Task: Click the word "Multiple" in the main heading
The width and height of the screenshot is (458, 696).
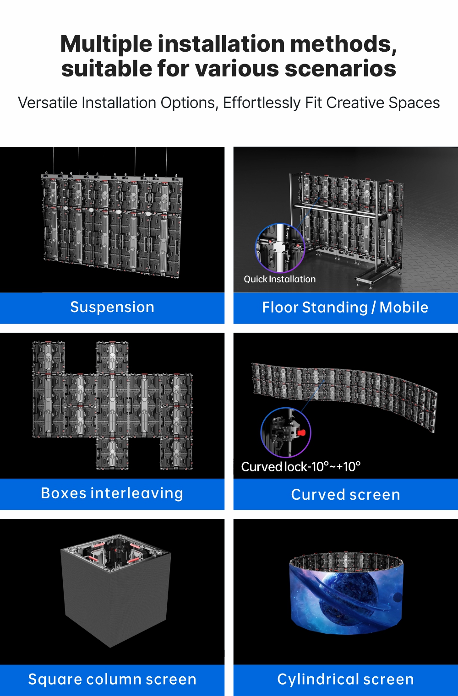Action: (106, 44)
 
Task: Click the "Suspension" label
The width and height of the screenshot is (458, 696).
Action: (112, 308)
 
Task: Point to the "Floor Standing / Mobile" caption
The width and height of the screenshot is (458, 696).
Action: (345, 308)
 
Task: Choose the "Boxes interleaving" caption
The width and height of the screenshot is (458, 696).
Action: (112, 493)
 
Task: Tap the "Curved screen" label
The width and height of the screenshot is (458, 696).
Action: (345, 494)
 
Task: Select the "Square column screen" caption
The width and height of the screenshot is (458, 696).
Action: (112, 679)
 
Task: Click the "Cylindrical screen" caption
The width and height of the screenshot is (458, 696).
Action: (345, 679)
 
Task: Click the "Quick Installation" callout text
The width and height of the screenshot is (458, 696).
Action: (279, 279)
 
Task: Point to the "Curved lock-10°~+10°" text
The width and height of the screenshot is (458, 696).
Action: (300, 467)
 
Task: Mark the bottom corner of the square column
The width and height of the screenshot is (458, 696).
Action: (110, 647)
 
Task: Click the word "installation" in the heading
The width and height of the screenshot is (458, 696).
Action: (221, 44)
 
